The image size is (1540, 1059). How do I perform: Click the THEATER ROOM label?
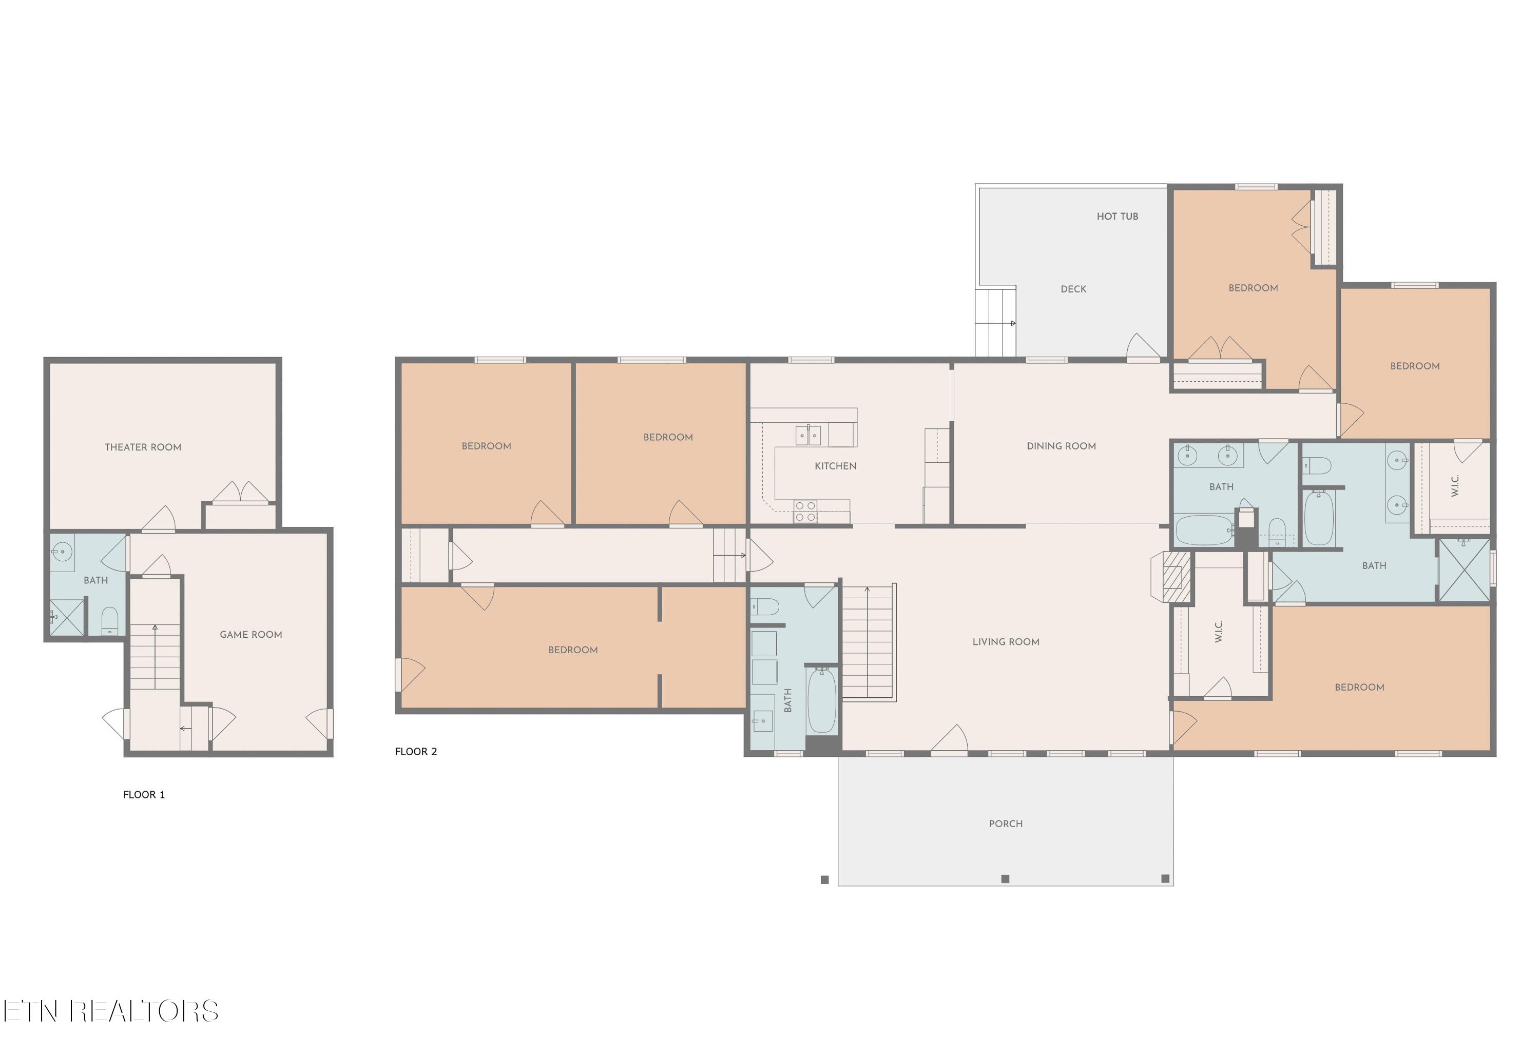coord(143,447)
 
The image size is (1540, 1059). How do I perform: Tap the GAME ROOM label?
coord(251,634)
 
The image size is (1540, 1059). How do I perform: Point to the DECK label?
coord(1073,289)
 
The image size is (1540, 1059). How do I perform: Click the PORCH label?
coord(1006,823)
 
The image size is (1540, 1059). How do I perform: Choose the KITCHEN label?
coord(835,466)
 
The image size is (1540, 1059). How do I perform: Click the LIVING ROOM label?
coord(1006,642)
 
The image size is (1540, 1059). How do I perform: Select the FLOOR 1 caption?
coord(144,794)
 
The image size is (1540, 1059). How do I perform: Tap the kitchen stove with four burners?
coord(805,512)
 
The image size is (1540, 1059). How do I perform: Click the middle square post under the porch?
coord(1005,878)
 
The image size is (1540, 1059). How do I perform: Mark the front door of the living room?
coord(949,740)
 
